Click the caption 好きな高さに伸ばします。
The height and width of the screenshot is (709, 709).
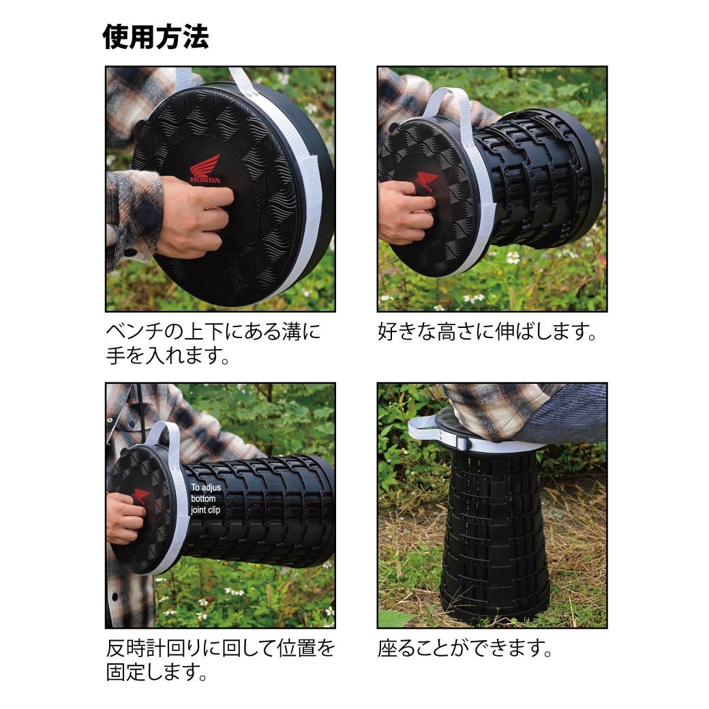coord(487,333)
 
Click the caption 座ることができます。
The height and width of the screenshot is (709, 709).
coord(464,648)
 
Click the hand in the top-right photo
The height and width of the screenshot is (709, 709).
coord(406,212)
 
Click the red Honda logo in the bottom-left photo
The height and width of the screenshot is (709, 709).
coord(142,496)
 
